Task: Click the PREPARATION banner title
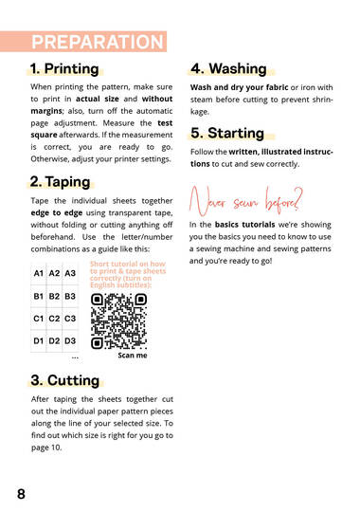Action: tap(98, 42)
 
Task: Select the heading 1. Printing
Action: tap(64, 69)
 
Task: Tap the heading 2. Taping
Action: tap(60, 182)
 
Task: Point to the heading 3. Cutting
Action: tap(65, 380)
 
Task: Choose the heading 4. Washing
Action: tap(229, 68)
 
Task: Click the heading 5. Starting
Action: tap(227, 133)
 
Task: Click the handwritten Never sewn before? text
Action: tap(246, 201)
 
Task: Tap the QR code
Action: tap(118, 321)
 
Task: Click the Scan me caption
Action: tap(133, 356)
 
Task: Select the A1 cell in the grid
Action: tap(39, 273)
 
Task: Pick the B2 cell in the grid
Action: tap(54, 296)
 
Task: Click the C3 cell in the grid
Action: tap(70, 319)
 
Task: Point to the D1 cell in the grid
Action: tap(39, 341)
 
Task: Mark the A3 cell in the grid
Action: tap(70, 273)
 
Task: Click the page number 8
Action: tap(21, 494)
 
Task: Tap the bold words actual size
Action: tap(98, 99)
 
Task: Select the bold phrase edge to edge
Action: tap(57, 213)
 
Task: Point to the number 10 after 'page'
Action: tap(56, 448)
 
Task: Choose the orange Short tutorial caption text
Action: tap(128, 274)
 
